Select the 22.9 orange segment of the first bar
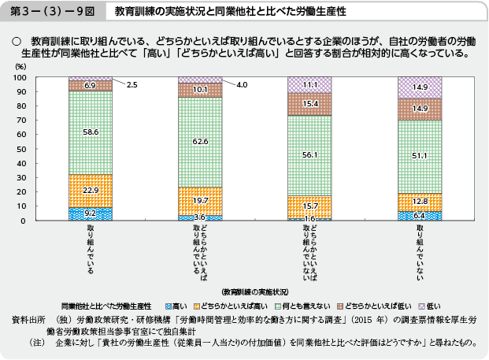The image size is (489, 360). point(90,191)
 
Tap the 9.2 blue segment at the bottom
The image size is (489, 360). point(90,213)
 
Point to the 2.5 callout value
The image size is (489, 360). point(132,84)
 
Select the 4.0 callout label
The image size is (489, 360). point(242,84)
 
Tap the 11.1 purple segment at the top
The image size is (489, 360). point(309,84)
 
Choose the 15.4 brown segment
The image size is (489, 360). point(309,104)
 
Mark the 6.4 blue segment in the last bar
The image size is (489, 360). point(419,214)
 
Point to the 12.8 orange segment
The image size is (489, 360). point(419,201)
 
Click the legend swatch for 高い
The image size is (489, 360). point(167,304)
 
